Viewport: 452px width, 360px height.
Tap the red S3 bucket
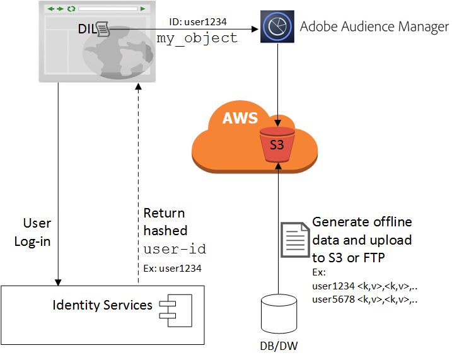(x=277, y=143)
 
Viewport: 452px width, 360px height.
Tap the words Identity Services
(x=102, y=306)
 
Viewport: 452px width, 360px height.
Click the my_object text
(x=197, y=38)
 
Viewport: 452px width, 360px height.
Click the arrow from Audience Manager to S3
(x=277, y=82)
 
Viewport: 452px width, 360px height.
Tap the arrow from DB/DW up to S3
(x=277, y=227)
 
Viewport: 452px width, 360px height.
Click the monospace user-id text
(x=175, y=249)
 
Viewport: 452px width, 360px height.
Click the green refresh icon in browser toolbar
(x=71, y=9)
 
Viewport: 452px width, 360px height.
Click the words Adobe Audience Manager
(x=374, y=26)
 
